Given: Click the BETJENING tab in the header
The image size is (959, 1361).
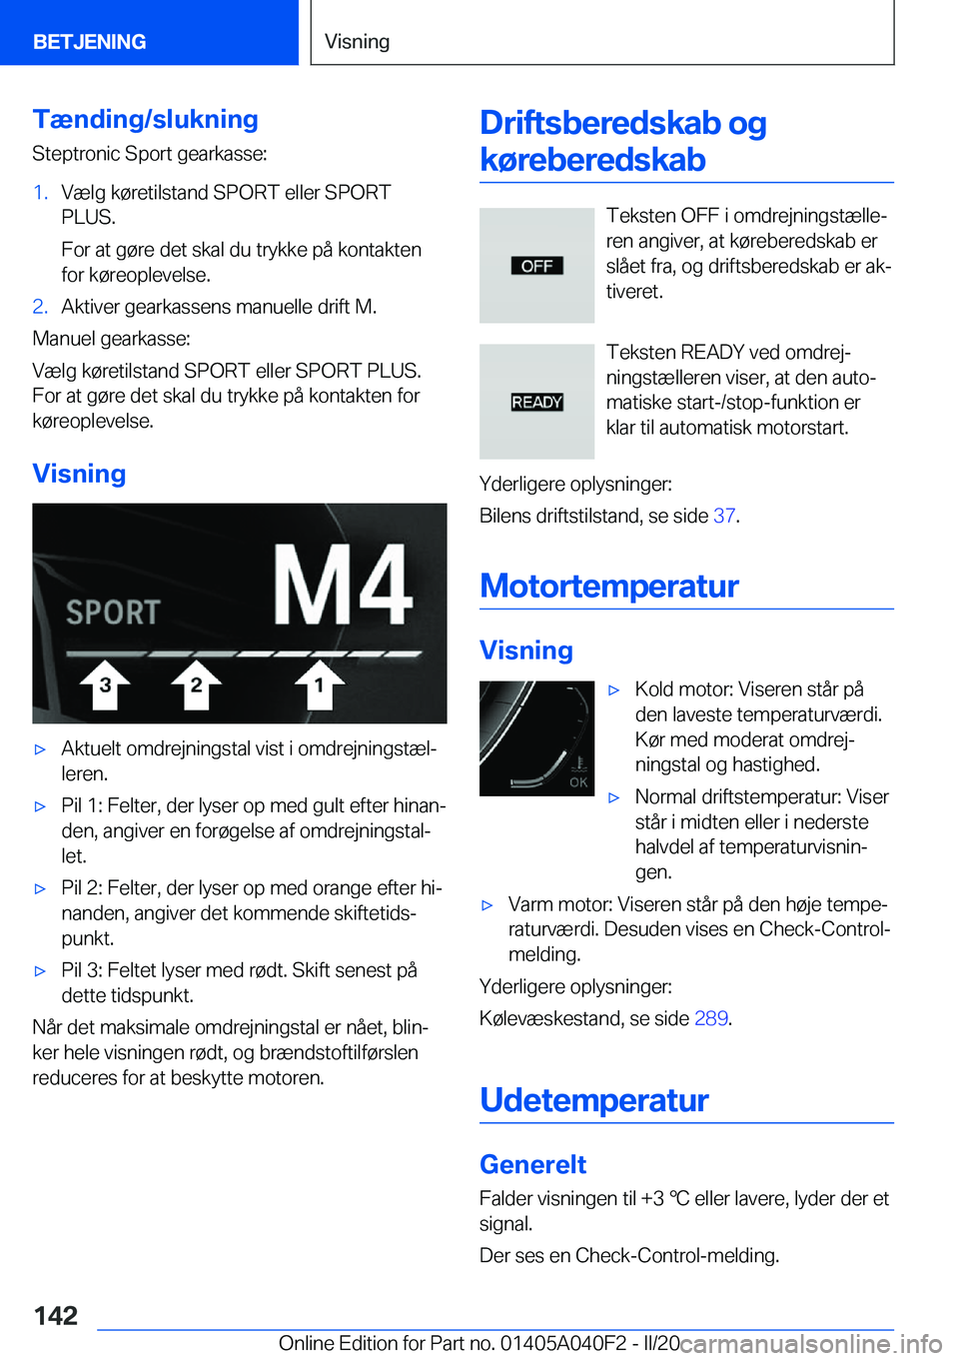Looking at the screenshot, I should click(x=90, y=41).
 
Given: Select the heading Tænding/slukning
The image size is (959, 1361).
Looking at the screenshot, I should click(x=145, y=119).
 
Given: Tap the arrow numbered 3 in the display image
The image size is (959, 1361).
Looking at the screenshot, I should click(x=105, y=684).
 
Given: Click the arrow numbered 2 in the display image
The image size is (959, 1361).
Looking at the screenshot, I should click(x=196, y=684).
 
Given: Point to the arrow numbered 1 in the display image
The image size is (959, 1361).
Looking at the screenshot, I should click(x=319, y=684).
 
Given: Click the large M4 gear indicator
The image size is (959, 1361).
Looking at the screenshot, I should click(x=343, y=587).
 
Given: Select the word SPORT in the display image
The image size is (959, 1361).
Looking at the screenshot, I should click(x=113, y=612).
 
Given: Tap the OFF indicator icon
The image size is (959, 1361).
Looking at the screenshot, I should click(x=536, y=266).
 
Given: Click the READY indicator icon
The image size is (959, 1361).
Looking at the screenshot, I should click(x=536, y=402).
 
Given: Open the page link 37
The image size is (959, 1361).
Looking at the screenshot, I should click(x=724, y=516).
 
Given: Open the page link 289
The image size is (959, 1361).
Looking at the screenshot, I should click(x=710, y=1018).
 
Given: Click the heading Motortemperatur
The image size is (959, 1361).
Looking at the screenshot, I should click(x=609, y=586).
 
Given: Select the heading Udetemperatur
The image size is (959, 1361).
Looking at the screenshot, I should click(x=594, y=1100).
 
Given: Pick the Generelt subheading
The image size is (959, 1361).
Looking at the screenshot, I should click(x=532, y=1164).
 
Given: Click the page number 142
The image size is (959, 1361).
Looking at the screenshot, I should click(x=56, y=1315).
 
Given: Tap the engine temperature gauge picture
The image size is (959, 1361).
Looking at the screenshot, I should click(x=536, y=738).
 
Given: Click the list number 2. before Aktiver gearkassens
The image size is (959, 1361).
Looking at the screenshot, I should click(x=40, y=307).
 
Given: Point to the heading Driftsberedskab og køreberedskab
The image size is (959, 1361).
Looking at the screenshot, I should click(x=622, y=141).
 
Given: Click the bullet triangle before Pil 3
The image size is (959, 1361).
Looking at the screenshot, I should click(x=40, y=970).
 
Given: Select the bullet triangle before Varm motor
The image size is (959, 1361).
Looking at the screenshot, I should click(x=487, y=905).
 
